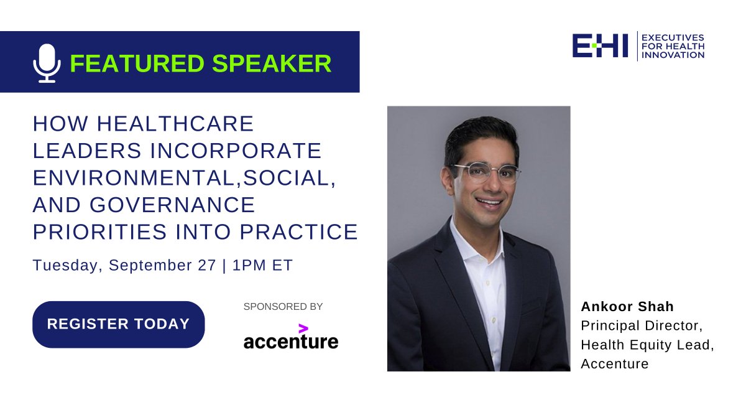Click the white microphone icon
[47, 63]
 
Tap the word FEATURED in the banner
[137, 63]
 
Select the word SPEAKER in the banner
[272, 63]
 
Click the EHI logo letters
[600, 45]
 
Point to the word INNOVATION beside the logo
[673, 55]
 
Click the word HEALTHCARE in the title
[175, 124]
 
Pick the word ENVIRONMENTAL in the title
[134, 178]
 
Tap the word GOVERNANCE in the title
[172, 205]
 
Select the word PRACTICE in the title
[299, 231]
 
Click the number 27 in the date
[207, 265]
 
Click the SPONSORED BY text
[283, 306]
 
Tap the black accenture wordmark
[291, 342]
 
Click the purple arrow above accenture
[303, 329]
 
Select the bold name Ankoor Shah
[627, 307]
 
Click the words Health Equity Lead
[645, 345]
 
